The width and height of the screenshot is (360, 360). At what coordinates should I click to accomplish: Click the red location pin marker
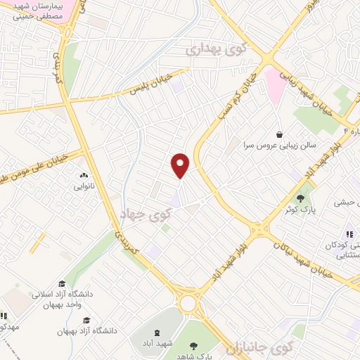pyautogui.click(x=181, y=165)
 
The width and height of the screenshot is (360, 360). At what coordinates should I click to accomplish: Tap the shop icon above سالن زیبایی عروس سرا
pyautogui.click(x=280, y=134)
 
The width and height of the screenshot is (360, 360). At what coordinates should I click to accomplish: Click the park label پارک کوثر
pyautogui.click(x=298, y=210)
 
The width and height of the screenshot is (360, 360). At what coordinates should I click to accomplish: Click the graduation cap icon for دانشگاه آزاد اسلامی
pyautogui.click(x=61, y=284)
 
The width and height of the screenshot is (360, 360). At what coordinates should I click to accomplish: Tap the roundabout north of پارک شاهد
pyautogui.click(x=188, y=303)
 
